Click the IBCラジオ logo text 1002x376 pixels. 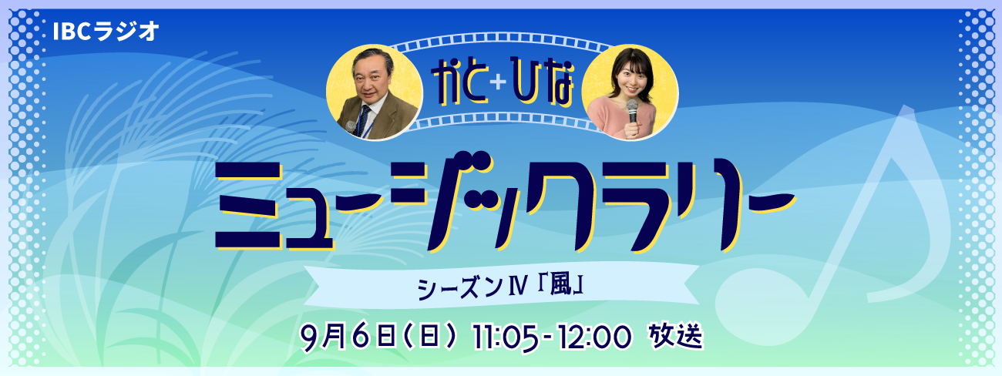click(106, 32)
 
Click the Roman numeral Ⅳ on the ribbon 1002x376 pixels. click(519, 287)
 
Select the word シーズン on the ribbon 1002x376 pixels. click(460, 287)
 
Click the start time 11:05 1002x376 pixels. click(505, 337)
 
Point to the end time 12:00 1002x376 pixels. click(594, 337)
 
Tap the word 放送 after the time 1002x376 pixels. click(676, 336)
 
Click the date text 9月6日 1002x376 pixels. click(348, 338)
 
